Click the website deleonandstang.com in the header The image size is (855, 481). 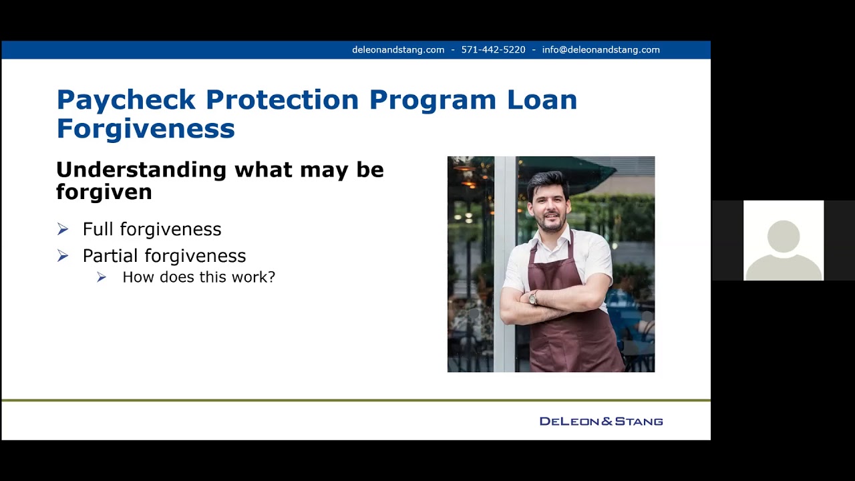tap(398, 50)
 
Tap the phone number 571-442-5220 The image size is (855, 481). tap(493, 50)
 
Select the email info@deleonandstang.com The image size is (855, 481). tap(601, 50)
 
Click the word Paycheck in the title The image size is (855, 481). tap(126, 100)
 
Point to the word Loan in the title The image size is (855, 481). tap(542, 100)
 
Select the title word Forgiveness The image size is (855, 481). tap(146, 128)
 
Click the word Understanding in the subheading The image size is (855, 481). tap(141, 170)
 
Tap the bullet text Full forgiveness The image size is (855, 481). tap(152, 229)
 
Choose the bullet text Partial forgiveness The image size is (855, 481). tap(164, 256)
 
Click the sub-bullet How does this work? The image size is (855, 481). tap(198, 277)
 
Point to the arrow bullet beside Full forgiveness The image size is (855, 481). tap(63, 229)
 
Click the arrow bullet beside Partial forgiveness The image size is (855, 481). tap(63, 256)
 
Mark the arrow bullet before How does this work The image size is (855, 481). tap(102, 277)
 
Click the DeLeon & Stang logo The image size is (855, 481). tap(601, 422)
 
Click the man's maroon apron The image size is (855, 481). tap(574, 334)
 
